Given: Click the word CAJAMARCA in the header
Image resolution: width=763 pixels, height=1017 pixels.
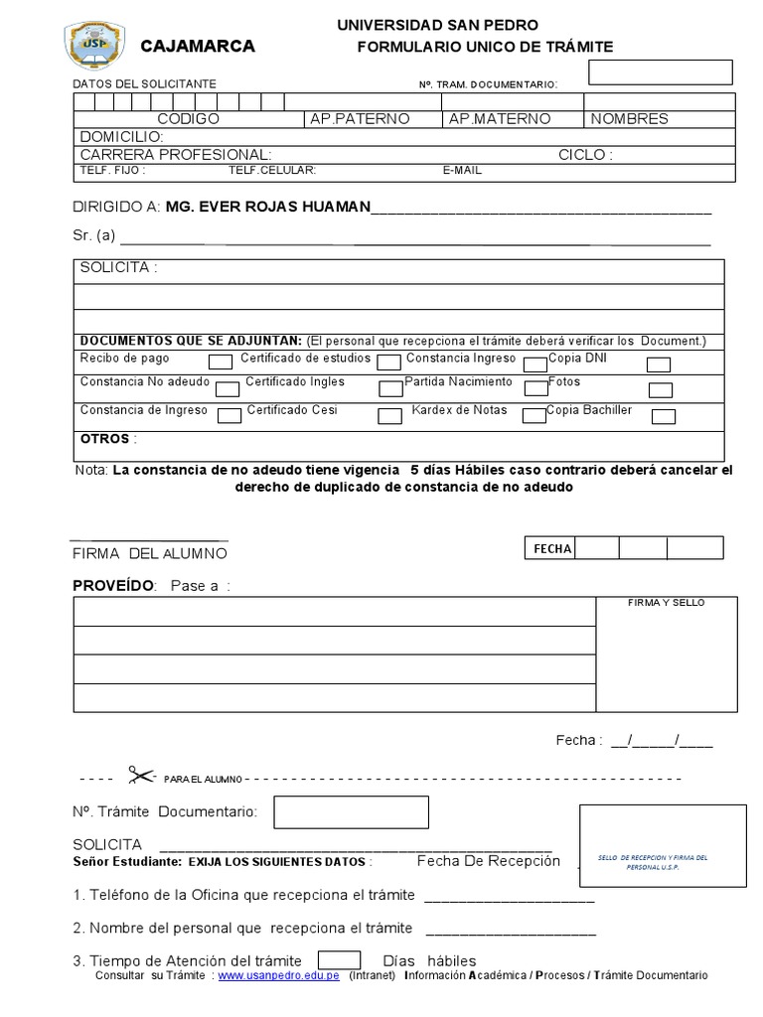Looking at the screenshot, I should [198, 47].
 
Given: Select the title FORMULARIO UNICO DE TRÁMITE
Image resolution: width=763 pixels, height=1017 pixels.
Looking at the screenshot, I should [485, 47].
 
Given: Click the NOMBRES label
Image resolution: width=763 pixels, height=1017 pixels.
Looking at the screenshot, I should [629, 119].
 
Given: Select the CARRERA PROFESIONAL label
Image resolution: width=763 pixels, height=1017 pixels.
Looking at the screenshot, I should [175, 155].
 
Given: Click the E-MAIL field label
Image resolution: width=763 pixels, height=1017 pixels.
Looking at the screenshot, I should [462, 171].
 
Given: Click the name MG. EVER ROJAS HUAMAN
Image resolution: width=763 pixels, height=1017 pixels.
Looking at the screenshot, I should [267, 207].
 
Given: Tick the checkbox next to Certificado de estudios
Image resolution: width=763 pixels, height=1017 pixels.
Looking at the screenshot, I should [388, 363].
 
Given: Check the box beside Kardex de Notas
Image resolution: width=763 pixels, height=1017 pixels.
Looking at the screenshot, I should [534, 415].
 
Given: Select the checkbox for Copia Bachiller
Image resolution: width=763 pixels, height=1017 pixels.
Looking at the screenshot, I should [663, 416].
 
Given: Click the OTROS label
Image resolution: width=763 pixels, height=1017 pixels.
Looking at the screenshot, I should [104, 439].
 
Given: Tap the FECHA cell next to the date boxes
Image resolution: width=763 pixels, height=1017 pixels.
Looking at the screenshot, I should [551, 549].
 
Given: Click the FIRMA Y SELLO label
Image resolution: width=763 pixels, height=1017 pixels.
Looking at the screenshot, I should [666, 603].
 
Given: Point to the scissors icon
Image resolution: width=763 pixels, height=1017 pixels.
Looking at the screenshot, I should [141, 775].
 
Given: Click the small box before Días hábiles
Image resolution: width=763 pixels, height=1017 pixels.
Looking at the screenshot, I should [339, 960].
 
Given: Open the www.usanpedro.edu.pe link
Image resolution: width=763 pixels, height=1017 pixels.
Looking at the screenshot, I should [279, 976].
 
